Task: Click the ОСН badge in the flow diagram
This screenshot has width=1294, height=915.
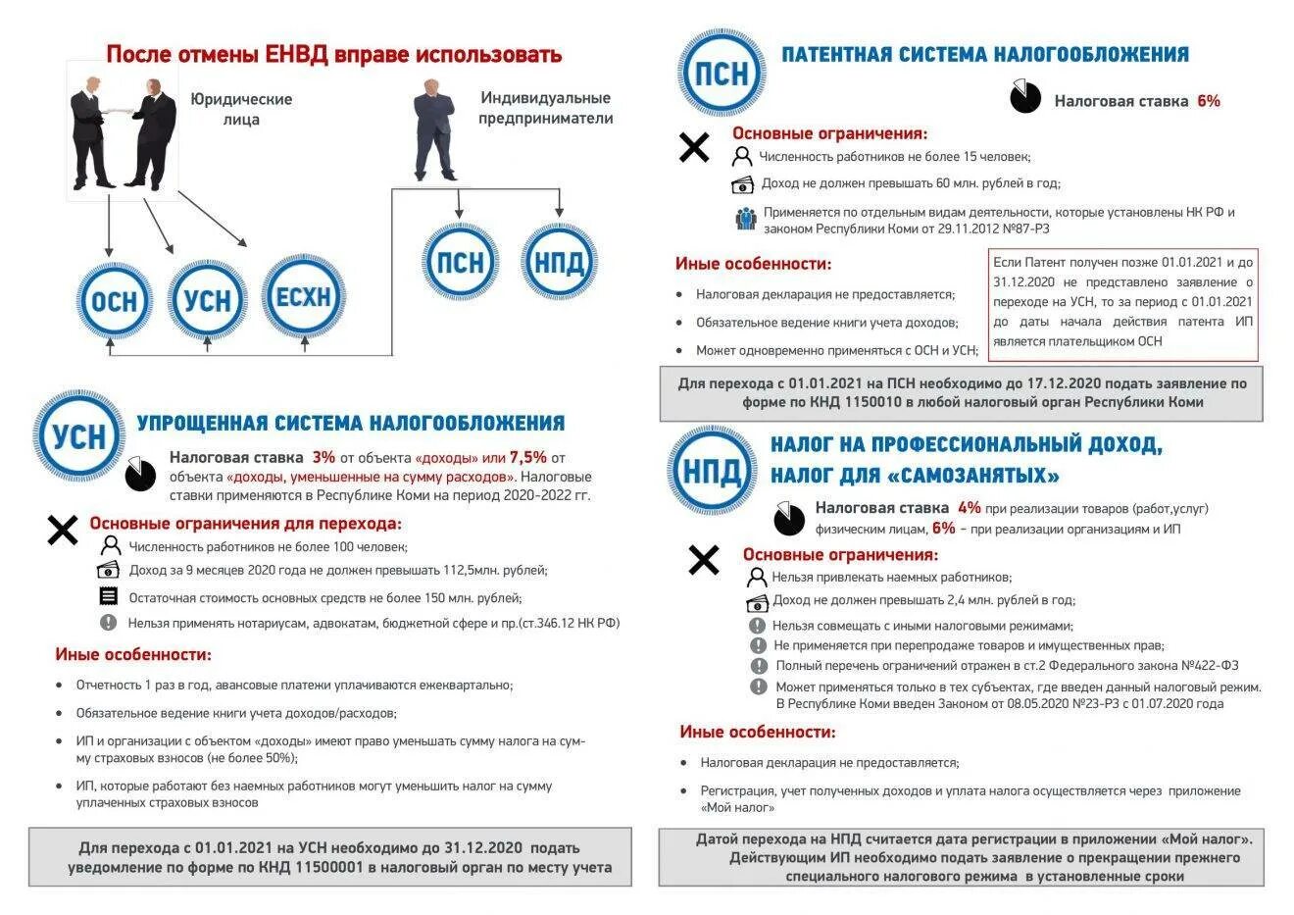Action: (115, 300)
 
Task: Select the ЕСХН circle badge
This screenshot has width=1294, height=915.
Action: (304, 296)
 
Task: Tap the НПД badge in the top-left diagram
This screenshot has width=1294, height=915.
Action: (559, 262)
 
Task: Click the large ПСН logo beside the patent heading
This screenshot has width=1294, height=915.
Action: (722, 74)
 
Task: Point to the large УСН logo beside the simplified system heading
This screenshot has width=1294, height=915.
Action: (78, 435)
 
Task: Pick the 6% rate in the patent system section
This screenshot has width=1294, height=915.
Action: (1208, 101)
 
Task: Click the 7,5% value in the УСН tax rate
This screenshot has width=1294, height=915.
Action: (527, 457)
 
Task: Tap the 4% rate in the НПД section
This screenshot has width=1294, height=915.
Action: (969, 508)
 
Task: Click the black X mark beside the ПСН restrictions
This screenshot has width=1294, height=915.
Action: (694, 148)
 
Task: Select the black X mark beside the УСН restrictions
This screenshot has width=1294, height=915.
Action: (63, 531)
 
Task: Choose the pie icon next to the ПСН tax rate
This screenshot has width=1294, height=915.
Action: (1025, 97)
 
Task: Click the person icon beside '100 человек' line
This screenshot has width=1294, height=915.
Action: (111, 546)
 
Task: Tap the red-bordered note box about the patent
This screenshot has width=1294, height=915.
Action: (1122, 303)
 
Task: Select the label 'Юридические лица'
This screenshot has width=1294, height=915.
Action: (241, 109)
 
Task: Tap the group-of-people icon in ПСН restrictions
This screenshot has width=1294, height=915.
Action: (746, 219)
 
